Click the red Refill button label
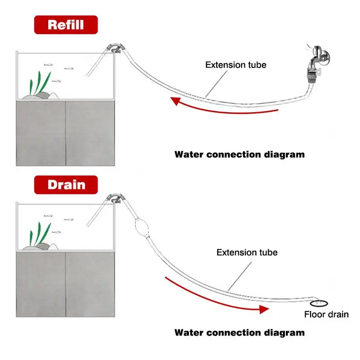tap(66, 24)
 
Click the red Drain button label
tap(66, 184)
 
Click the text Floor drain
tap(326, 315)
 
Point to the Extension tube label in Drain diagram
tap(247, 252)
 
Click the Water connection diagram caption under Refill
tap(239, 154)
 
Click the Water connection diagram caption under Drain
tap(239, 333)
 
